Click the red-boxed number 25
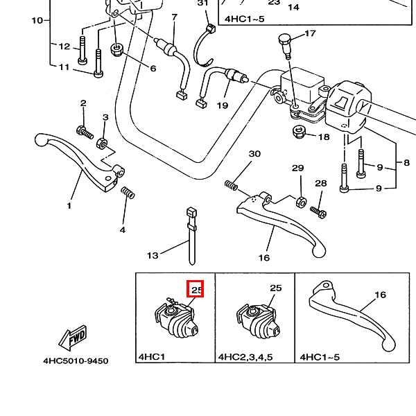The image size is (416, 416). click(196, 288)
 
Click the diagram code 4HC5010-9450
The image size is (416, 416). click(76, 361)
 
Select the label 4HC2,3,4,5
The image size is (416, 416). click(245, 357)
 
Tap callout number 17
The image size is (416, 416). click(309, 33)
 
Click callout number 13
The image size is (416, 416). click(153, 255)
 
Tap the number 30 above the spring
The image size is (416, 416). click(254, 153)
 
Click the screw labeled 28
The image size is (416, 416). click(318, 210)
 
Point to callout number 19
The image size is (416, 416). click(222, 105)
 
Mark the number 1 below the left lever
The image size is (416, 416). click(69, 206)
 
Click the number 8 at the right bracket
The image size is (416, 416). click(407, 164)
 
